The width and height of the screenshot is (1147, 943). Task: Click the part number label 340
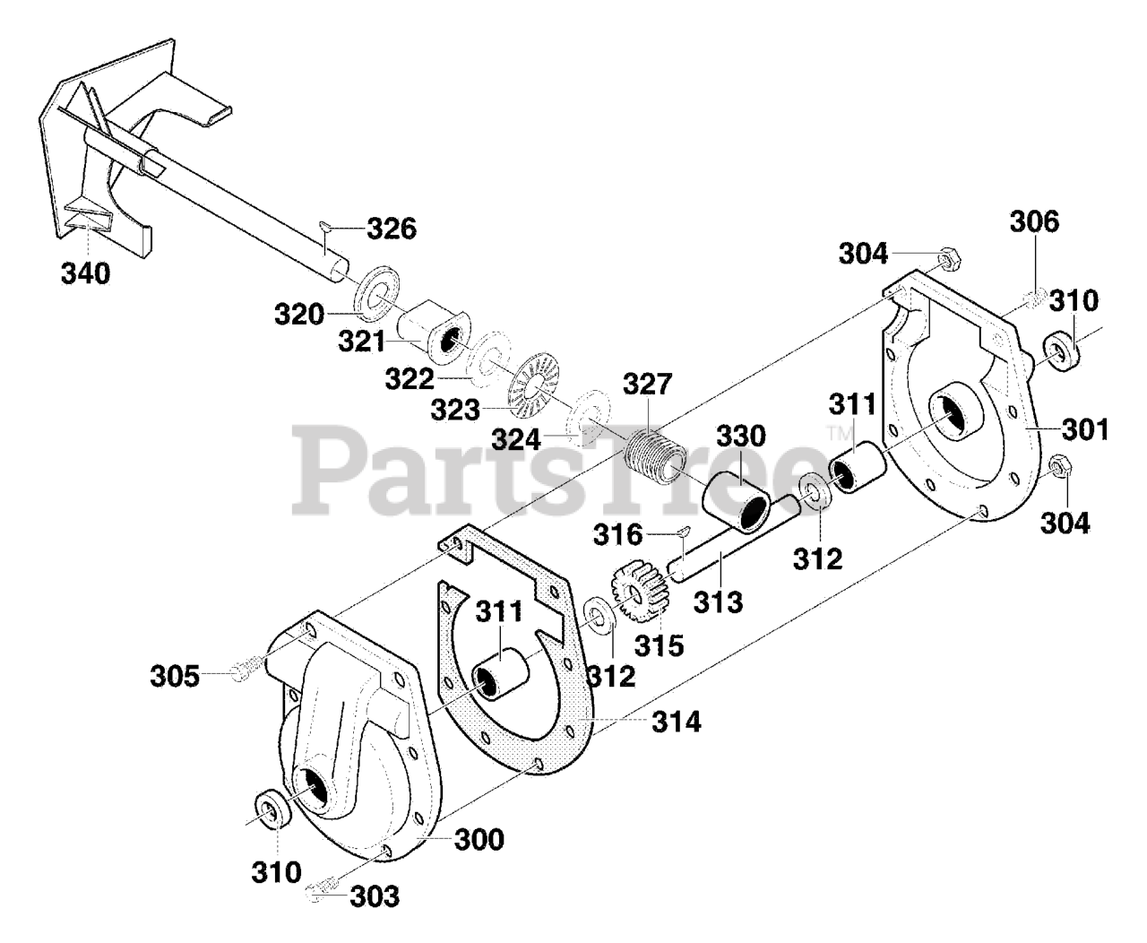[86, 273]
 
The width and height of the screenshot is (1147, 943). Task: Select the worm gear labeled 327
[651, 454]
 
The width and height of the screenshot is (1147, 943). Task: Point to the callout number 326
[392, 229]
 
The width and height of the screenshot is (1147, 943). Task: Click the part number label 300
[479, 840]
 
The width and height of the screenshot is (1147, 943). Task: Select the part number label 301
[1086, 429]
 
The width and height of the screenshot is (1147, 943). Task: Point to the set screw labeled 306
[1034, 297]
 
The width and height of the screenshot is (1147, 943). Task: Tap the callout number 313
[717, 601]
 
